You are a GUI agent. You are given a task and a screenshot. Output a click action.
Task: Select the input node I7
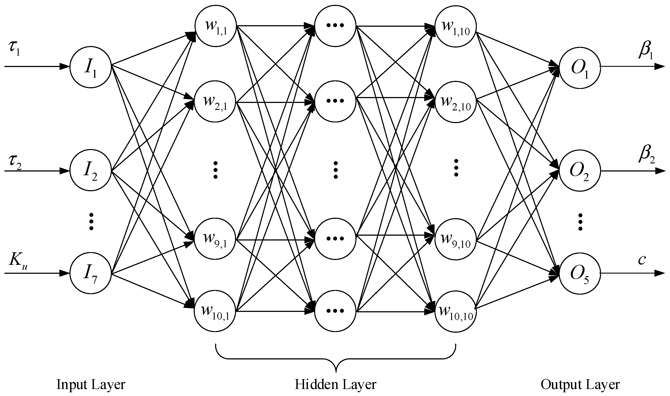point(90,274)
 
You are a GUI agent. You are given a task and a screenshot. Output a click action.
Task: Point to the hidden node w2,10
point(456,101)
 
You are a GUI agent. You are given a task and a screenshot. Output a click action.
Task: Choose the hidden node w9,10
point(456,239)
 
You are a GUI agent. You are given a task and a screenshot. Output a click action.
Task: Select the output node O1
point(580,67)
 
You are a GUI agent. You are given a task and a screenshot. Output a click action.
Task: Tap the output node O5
point(580,274)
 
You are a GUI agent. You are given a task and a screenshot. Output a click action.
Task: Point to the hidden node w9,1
point(216,239)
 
